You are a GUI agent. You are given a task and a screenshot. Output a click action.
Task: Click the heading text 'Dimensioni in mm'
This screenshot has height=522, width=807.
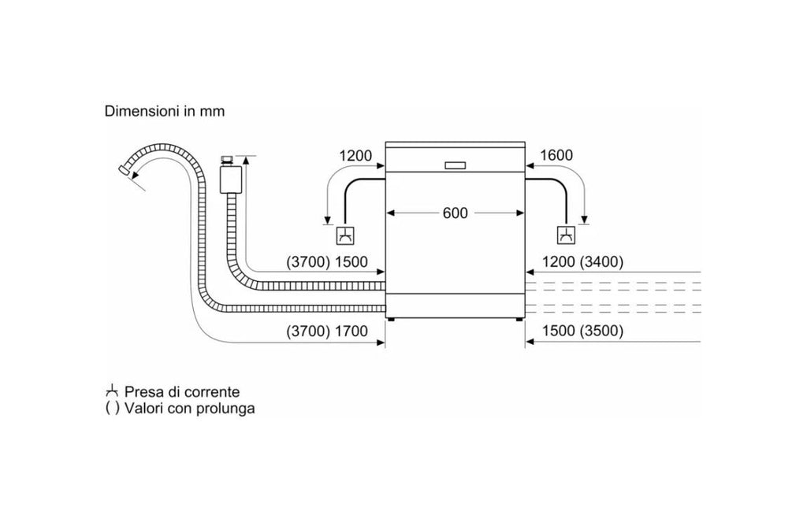click(x=165, y=111)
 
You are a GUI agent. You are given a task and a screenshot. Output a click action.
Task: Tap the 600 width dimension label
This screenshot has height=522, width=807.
click(x=455, y=213)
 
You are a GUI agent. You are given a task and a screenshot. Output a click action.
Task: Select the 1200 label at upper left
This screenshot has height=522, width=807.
click(x=355, y=155)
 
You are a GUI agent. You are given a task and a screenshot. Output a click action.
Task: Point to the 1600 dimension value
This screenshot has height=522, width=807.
click(x=556, y=155)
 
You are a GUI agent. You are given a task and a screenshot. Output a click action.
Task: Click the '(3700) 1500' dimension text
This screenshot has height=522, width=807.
click(x=327, y=262)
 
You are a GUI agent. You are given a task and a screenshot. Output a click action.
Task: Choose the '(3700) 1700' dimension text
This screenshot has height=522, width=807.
click(x=327, y=331)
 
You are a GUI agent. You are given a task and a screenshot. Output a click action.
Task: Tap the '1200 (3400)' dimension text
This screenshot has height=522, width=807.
click(x=582, y=262)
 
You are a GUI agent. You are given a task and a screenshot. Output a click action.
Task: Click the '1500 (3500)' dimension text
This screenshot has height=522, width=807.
click(x=582, y=331)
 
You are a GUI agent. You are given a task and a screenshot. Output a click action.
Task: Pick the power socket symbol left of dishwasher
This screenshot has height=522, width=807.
click(x=344, y=235)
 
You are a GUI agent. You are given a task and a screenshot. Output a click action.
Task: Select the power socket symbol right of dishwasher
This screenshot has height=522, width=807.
click(x=566, y=235)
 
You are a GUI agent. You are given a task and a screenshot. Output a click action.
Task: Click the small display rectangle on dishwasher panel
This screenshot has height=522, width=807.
click(x=455, y=165)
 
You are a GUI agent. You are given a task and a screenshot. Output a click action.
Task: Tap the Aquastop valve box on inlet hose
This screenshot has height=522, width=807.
click(x=231, y=179)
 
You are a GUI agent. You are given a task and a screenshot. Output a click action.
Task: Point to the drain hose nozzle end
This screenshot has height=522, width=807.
click(x=124, y=170)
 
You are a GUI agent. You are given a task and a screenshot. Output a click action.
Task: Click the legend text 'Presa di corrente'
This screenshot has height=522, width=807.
click(x=182, y=392)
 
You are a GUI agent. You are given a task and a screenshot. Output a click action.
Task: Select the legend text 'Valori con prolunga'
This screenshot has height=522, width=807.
click(x=189, y=409)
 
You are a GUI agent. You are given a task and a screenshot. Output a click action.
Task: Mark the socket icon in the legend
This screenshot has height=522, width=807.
click(x=112, y=391)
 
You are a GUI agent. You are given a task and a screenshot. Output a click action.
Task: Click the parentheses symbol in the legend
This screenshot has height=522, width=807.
click(x=112, y=409)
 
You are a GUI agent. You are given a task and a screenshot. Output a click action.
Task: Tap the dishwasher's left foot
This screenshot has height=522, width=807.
click(x=392, y=320)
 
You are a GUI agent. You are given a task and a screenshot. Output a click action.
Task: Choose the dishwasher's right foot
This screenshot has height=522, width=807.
click(x=517, y=320)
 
